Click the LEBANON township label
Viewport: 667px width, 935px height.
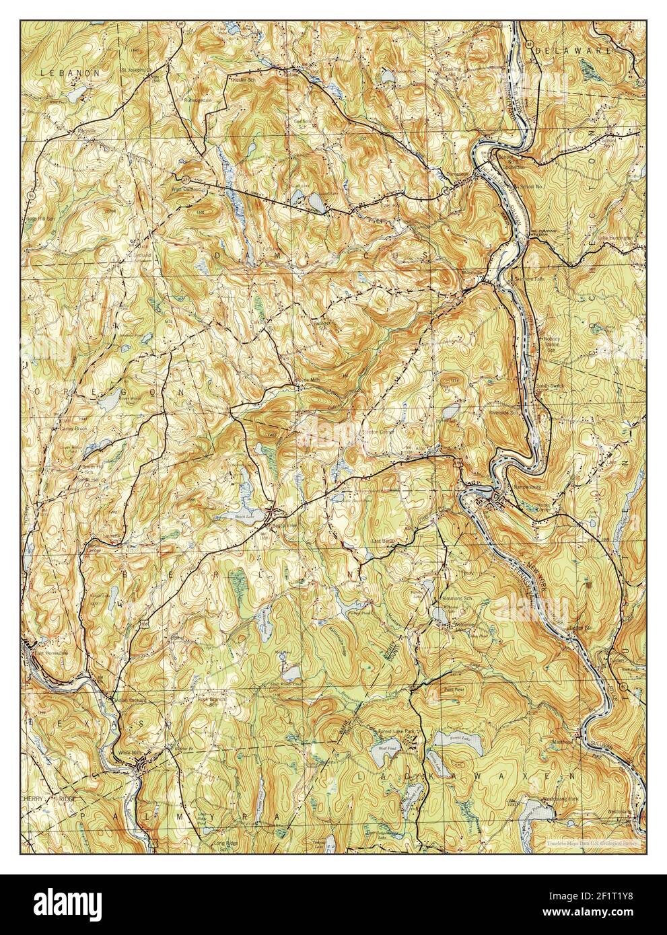coord(69,71)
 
